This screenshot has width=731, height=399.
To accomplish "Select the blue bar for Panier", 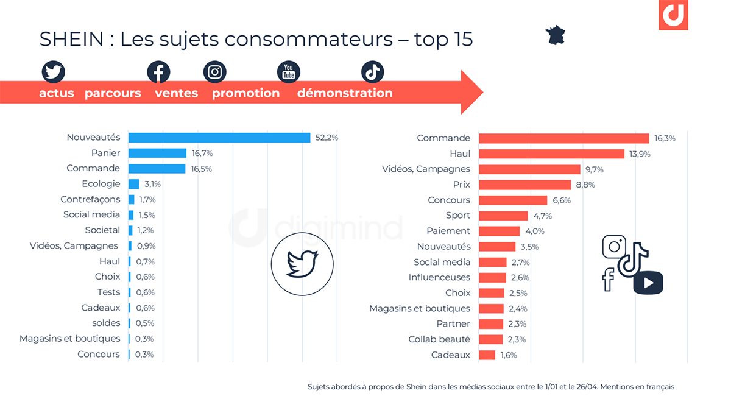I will click(x=157, y=153).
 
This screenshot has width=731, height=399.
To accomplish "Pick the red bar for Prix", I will click(x=524, y=185).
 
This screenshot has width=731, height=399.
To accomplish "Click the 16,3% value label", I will click(x=665, y=138).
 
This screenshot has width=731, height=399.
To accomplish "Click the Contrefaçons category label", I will click(x=90, y=199).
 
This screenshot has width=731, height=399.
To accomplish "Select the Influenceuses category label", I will click(x=439, y=277).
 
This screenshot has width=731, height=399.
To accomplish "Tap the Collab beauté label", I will click(x=439, y=339).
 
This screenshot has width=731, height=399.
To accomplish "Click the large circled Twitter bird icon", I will click(x=302, y=264).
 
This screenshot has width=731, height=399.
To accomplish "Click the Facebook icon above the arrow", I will click(x=158, y=72).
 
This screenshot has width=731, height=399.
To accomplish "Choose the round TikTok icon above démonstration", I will click(x=373, y=72).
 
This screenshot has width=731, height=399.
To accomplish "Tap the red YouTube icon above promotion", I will click(x=289, y=72).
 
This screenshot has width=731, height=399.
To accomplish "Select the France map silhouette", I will click(x=555, y=35).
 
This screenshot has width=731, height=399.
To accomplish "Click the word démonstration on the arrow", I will click(x=345, y=93).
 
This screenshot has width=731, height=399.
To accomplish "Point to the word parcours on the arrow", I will click(x=113, y=93).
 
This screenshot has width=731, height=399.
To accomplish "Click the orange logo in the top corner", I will click(x=673, y=15).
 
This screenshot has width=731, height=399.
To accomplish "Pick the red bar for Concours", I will click(x=513, y=200).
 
